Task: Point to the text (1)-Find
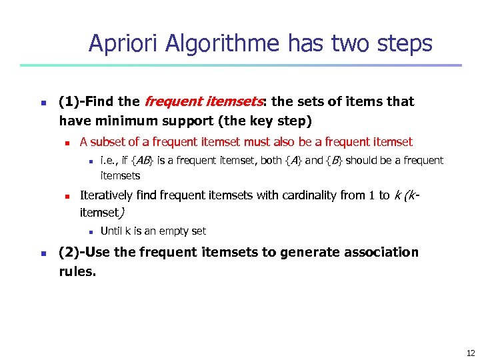[86, 102]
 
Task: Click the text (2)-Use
[85, 253]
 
